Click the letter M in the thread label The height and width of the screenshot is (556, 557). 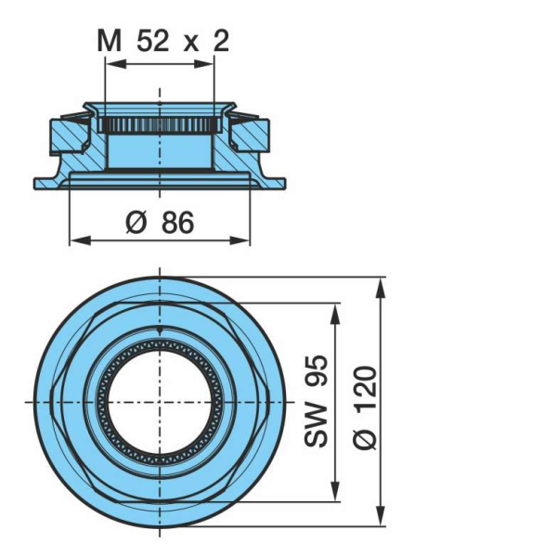click(110, 41)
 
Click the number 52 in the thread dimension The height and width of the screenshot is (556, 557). click(152, 41)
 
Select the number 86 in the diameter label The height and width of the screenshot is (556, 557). click(177, 223)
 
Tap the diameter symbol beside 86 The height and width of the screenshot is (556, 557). click(136, 223)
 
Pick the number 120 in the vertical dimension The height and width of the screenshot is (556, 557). click(365, 389)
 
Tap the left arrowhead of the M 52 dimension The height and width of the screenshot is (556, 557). click(117, 64)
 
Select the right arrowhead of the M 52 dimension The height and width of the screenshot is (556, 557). click(204, 64)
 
